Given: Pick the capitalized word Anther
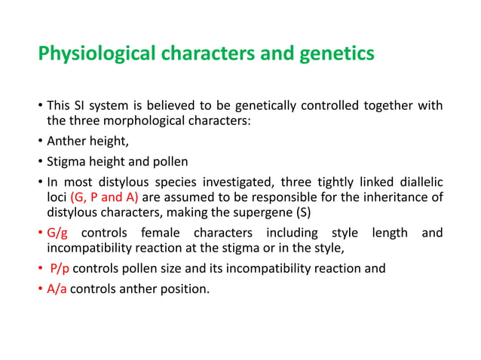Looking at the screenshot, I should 66,141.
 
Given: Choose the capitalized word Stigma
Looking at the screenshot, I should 67,161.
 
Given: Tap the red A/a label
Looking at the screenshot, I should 57,287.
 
